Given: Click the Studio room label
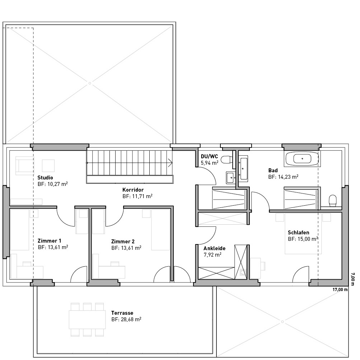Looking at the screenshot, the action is coord(45,177).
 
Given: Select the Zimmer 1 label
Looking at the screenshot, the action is coord(50,241).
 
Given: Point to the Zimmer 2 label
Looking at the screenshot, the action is coord(123,242).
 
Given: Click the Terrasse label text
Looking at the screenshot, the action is coord(122,313).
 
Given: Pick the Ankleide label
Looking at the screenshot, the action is coord(214,248).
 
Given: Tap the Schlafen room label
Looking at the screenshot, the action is coord(299,233).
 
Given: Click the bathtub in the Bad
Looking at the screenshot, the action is coord(302,159).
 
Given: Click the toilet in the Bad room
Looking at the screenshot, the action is coord(332,201).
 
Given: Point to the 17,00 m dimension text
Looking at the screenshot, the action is coord(340,290).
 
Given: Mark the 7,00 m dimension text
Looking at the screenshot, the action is coord(353,279).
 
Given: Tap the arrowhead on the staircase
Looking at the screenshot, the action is coord(170,163).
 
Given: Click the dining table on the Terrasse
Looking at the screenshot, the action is coord(87,319).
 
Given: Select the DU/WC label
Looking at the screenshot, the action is coord(209,156).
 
